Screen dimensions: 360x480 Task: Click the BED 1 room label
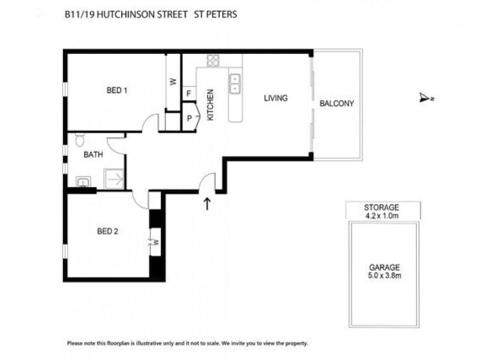(117, 91)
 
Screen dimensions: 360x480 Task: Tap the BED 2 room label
(107, 232)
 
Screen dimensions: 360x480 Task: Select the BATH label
(93, 154)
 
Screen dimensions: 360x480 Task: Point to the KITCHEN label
(211, 105)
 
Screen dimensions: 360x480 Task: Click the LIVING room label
(276, 98)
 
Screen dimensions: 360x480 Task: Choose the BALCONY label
(337, 103)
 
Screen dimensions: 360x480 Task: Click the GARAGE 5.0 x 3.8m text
(385, 272)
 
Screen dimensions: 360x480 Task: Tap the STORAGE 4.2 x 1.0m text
(383, 211)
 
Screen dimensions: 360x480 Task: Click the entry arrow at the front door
(208, 204)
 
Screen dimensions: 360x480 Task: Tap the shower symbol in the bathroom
(114, 178)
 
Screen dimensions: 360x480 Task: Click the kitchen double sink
(235, 83)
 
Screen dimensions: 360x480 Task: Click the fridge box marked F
(189, 94)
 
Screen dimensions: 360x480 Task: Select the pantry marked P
(190, 118)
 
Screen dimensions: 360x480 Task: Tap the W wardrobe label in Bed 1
(173, 82)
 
